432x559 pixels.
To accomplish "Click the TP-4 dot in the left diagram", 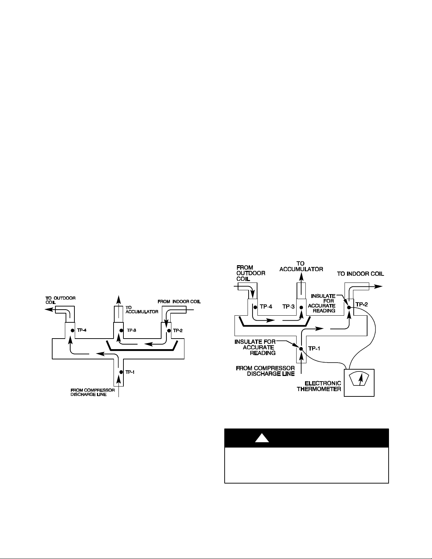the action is coord(73,330).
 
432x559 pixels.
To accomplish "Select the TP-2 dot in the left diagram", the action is coord(169,330).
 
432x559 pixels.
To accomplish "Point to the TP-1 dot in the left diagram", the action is coord(121,372).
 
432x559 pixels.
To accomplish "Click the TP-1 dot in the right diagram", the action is coord(301,349).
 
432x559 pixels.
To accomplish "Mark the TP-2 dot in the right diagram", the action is coord(349,308).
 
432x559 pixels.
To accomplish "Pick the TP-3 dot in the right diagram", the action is coord(302,308).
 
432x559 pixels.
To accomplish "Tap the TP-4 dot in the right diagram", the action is coord(255,308).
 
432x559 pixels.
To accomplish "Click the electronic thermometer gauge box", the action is coord(359,383).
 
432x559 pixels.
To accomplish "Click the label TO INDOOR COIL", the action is coord(360,274).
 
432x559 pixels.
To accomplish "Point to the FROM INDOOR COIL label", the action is coord(179,302).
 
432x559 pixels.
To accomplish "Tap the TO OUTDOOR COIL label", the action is coord(60,300).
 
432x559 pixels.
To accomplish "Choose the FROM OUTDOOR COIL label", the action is coord(251,273).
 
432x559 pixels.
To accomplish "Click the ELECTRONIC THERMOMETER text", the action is coord(319,386).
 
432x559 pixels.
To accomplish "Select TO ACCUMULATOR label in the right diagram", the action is coord(301,267).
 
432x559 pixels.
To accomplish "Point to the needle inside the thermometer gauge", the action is coord(360,379).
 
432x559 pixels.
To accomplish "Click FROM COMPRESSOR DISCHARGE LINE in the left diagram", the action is coord(92,392).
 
